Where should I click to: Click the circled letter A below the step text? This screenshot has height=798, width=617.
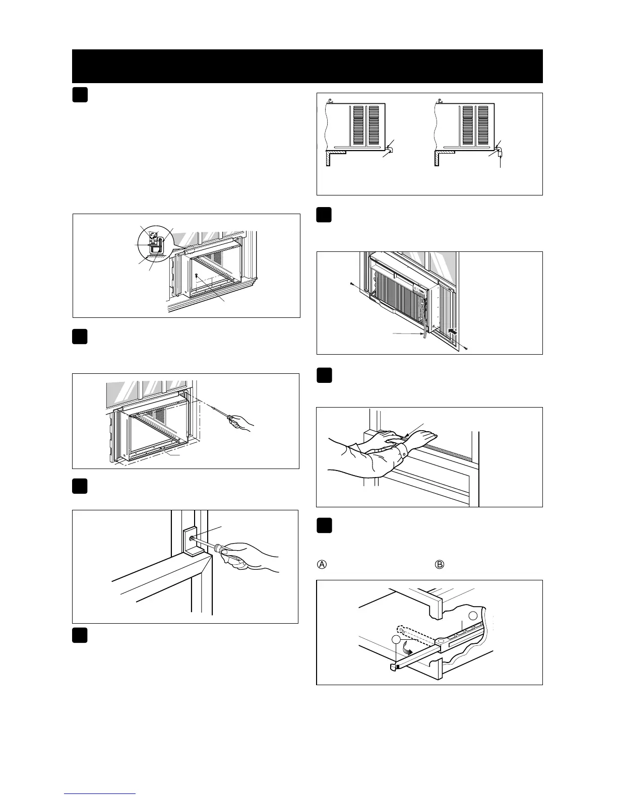[x=322, y=564]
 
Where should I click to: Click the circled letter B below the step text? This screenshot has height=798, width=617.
[x=440, y=564]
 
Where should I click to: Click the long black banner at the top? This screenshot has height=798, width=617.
[x=307, y=66]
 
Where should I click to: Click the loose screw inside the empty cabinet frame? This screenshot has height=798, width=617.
[x=196, y=275]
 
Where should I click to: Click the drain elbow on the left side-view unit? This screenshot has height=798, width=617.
[x=390, y=150]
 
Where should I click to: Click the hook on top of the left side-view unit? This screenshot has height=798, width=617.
[x=330, y=100]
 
